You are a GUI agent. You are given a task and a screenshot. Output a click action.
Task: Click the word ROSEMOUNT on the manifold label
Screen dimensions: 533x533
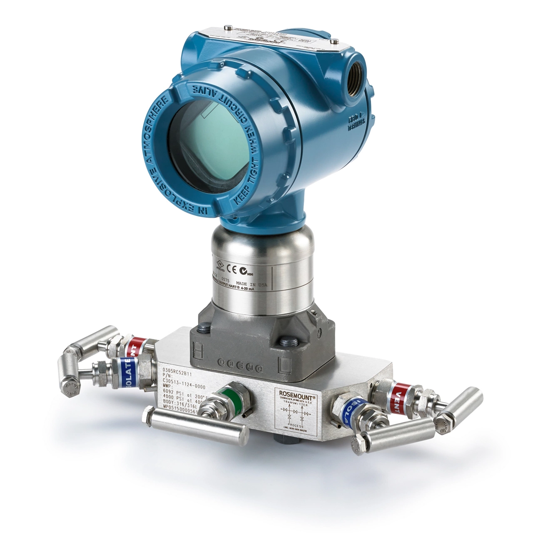pyautogui.click(x=296, y=393)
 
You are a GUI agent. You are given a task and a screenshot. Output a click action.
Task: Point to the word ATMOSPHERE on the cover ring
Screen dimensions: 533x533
pyautogui.click(x=157, y=129)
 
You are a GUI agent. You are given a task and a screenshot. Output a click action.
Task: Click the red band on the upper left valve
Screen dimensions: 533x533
pyautogui.click(x=136, y=344)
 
